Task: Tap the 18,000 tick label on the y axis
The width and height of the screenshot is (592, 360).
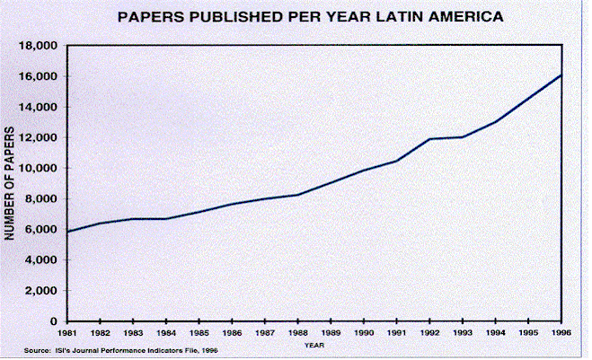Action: tap(42, 46)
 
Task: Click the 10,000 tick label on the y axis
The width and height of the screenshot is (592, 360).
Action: tap(42, 169)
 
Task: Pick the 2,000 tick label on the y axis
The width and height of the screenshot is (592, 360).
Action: tap(45, 291)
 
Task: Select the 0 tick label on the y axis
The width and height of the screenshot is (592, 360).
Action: tap(57, 321)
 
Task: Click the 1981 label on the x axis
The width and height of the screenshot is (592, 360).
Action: tap(67, 332)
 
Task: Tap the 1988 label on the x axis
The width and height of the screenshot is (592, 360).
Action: tap(297, 332)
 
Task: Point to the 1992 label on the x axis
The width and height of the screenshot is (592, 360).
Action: tap(429, 332)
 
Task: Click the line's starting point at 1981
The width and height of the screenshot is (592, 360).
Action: tap(67, 232)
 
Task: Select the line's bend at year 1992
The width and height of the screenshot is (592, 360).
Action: tap(429, 139)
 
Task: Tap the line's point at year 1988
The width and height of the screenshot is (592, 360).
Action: tap(297, 195)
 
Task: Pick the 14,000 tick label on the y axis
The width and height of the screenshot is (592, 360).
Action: tap(42, 107)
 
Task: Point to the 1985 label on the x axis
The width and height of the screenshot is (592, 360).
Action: tap(199, 332)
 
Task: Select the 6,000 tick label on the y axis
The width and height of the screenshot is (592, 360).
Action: tap(45, 230)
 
